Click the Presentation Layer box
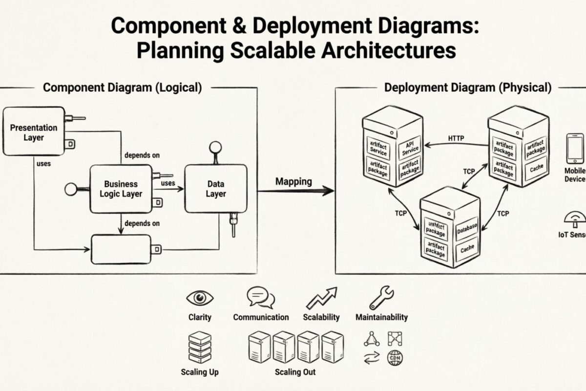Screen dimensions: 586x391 point(34,131)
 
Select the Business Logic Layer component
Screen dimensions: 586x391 point(121,189)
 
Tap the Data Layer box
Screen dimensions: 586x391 point(215,189)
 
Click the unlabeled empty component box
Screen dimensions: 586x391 point(121,249)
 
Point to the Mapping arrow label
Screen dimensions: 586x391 point(293,181)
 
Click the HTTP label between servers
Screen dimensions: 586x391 point(456,138)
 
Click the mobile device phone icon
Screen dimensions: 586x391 point(575,149)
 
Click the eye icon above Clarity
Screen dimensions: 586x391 point(200,297)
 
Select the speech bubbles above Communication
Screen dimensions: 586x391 point(260,297)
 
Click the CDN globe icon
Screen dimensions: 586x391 point(395,359)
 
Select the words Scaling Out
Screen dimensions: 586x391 point(295,372)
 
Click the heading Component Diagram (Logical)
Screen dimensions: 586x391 point(122,87)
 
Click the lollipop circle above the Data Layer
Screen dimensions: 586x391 point(215,147)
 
